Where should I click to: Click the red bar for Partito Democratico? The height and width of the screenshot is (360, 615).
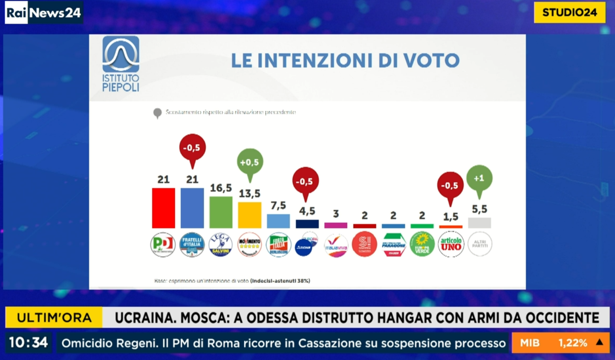point(163,208)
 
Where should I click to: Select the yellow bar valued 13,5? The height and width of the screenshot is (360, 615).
point(249,215)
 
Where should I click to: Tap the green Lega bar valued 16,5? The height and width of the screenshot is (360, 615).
point(221,212)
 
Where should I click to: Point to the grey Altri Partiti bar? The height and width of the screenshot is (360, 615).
point(479,223)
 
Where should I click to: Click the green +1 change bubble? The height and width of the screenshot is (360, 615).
point(479,178)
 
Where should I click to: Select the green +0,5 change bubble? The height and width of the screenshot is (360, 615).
point(250,162)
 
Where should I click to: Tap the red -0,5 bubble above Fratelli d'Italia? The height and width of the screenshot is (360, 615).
point(192,148)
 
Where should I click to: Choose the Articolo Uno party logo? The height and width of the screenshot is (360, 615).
point(451,244)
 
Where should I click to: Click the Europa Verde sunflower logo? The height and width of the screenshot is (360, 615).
point(422,244)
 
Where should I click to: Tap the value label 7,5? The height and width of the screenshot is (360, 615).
point(278,206)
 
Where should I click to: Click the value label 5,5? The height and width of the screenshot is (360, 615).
point(479,209)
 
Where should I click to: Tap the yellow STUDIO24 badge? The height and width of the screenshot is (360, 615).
point(569,12)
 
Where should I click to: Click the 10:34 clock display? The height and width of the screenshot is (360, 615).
point(28,343)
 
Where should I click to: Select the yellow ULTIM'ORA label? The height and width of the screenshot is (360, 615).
point(54,318)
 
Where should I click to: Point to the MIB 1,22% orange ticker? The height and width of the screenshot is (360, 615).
point(560,343)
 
